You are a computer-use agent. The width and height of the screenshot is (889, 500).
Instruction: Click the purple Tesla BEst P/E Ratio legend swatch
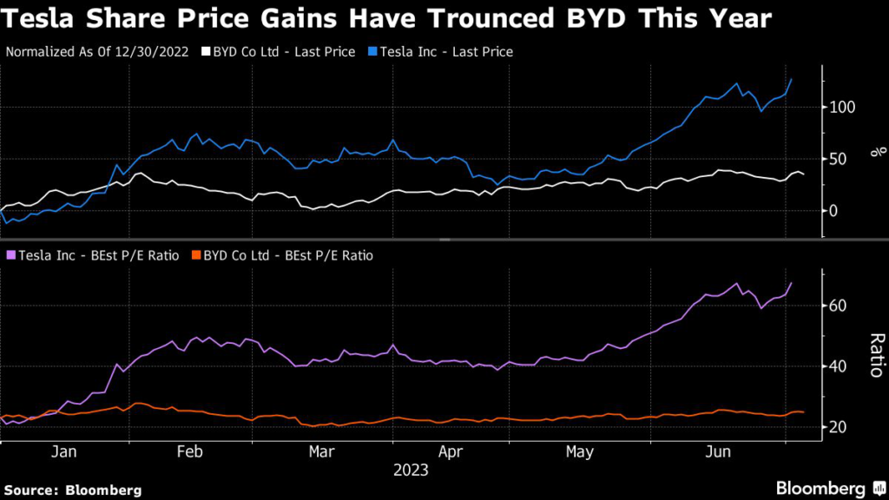click(x=10, y=255)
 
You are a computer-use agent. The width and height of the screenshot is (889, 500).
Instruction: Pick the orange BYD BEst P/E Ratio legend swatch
click(x=196, y=255)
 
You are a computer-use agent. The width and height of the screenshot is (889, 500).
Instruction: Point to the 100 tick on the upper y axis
click(x=842, y=108)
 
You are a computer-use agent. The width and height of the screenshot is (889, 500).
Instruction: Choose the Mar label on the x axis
click(x=321, y=452)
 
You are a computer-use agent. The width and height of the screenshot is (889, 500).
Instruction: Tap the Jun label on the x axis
click(x=716, y=452)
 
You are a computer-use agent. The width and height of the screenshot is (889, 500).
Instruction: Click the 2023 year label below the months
click(x=411, y=470)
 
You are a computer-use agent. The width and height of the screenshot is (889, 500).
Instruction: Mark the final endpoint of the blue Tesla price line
click(x=791, y=79)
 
